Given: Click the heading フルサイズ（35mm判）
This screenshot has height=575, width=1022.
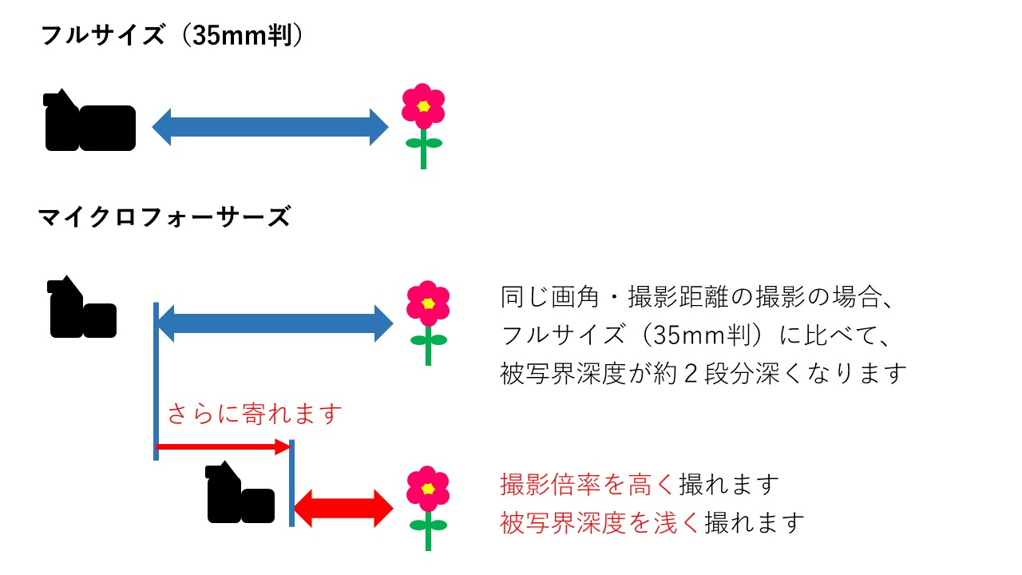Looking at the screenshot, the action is tap(172, 36).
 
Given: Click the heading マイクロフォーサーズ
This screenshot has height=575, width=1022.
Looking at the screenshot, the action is tap(164, 216).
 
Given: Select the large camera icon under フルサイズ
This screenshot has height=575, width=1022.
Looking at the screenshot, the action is tap(89, 120).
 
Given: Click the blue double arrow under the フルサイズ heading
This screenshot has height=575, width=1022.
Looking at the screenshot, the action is tap(270, 127).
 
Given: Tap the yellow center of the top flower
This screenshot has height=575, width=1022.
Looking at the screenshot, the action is tap(423, 106).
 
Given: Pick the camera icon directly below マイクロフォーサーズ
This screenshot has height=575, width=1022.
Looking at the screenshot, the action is tap(82, 307).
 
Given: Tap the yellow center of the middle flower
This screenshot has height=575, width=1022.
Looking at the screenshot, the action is tap(428, 303).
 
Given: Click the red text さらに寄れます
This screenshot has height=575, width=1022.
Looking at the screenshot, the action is tap(255, 414).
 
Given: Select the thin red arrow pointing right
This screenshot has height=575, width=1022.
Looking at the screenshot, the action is tap(224, 446).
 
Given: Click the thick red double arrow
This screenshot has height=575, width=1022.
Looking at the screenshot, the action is tap(343, 509).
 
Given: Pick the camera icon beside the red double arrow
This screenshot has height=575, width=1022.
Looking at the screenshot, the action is tap(240, 492).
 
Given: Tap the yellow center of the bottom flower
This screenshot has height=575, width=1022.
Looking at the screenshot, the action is tap(428, 489).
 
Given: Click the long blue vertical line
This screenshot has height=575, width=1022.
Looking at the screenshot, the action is tap(156, 381).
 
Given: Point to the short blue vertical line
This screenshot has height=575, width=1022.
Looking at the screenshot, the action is tap(291, 483).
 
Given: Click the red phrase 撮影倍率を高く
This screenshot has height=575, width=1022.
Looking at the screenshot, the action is tap(587, 484).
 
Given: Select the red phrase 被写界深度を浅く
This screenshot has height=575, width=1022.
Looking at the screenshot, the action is tap(600, 522).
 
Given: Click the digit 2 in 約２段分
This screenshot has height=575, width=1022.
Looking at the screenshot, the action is tap(691, 374).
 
